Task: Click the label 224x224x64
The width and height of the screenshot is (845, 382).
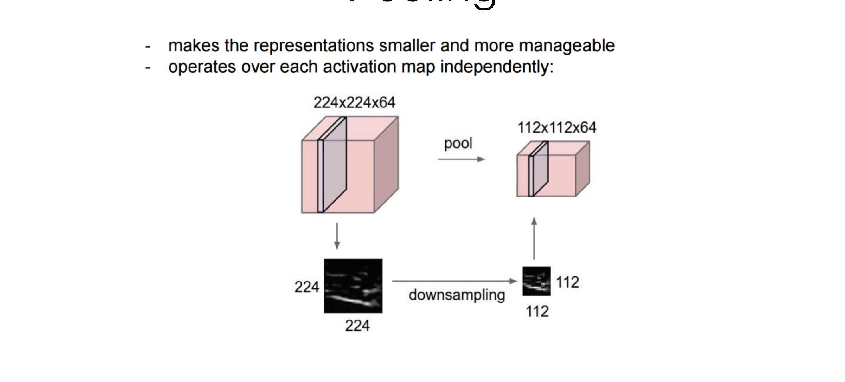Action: [x=354, y=103]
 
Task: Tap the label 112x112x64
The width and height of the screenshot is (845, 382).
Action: [x=557, y=128]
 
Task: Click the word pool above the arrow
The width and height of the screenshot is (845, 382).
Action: [x=458, y=143]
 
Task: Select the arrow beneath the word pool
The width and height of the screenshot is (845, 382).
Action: [x=461, y=159]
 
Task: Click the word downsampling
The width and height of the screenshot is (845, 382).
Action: [x=457, y=295]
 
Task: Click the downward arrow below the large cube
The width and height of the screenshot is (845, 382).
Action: [x=336, y=236]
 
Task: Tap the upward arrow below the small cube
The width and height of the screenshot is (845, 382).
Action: [x=534, y=238]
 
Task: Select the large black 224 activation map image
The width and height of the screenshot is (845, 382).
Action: [x=353, y=286]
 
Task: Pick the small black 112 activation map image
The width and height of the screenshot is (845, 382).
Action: [x=536, y=281]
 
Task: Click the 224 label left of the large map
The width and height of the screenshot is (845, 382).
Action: [x=307, y=287]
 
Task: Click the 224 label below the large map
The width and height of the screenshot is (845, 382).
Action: [x=357, y=326]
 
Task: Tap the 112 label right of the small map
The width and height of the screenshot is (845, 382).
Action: [x=567, y=282]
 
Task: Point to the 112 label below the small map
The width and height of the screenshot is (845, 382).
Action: [x=537, y=311]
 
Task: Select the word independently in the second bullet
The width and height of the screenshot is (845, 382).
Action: [x=496, y=67]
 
